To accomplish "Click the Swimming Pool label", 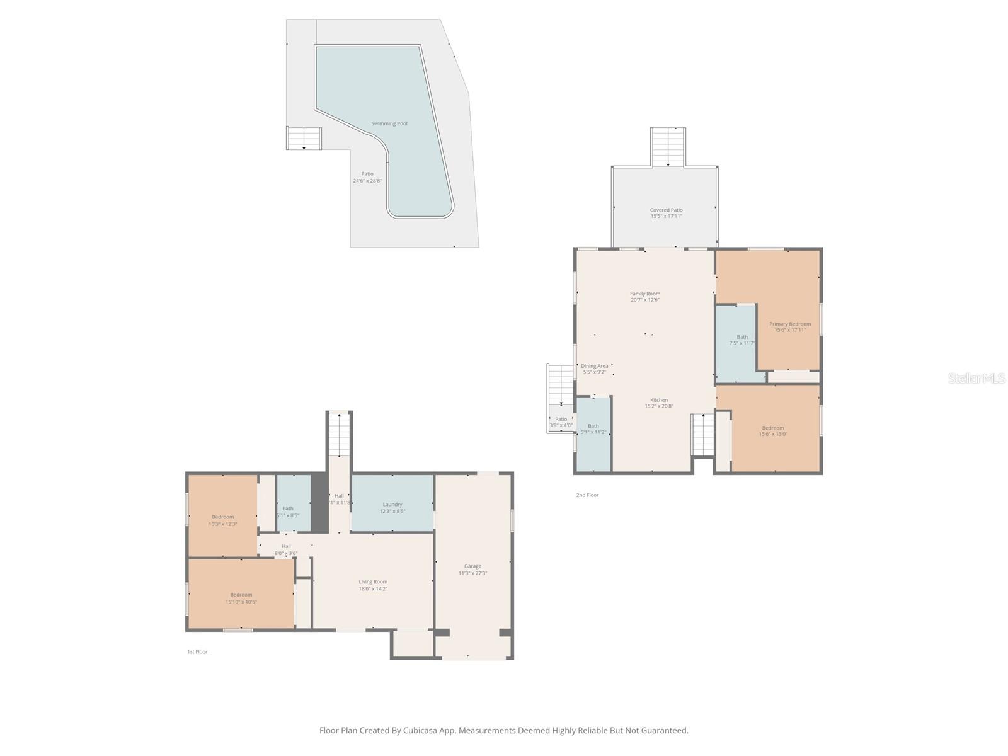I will click(x=389, y=123).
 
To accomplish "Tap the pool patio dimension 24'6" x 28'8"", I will click(x=367, y=181).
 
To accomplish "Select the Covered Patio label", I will click(x=666, y=210).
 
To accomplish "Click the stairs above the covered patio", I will click(x=668, y=147).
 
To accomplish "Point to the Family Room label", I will click(x=645, y=294).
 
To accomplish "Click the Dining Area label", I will click(x=594, y=366).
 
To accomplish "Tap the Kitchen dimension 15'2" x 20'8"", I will click(x=659, y=406).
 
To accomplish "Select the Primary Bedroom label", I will click(x=790, y=324).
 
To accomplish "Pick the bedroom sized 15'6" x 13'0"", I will click(x=773, y=431).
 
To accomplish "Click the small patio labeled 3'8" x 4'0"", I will click(x=561, y=422).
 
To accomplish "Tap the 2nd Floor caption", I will click(x=587, y=495).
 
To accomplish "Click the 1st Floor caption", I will click(x=197, y=652).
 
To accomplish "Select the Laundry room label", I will click(x=392, y=504).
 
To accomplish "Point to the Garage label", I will click(x=472, y=566).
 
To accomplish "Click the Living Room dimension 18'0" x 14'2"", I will click(x=373, y=589).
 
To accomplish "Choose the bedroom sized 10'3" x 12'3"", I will click(x=222, y=520).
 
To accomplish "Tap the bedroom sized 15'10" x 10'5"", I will click(x=241, y=598).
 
